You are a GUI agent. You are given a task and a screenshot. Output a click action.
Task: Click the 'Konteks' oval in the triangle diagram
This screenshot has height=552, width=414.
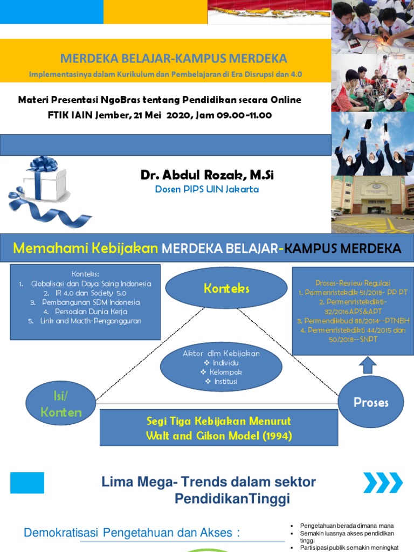click(x=226, y=288)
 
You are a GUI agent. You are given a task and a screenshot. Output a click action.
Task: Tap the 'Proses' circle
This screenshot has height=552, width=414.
click(x=371, y=402)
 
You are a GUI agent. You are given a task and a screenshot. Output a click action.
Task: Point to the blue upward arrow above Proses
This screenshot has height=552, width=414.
click(x=368, y=365)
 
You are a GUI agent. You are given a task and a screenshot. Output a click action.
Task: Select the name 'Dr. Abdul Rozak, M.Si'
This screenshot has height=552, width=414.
click(x=207, y=175)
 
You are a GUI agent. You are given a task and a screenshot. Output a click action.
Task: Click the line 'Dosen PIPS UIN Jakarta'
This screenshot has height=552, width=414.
click(x=207, y=189)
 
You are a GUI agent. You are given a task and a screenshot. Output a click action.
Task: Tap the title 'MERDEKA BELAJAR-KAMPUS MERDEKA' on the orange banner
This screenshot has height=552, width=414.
click(x=173, y=58)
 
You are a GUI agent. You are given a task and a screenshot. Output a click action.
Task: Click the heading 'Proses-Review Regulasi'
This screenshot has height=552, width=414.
click(x=353, y=283)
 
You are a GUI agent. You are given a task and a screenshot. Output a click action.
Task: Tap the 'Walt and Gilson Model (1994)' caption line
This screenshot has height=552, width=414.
click(x=219, y=436)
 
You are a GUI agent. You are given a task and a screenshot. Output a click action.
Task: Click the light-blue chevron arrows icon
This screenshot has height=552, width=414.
click(x=382, y=482)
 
